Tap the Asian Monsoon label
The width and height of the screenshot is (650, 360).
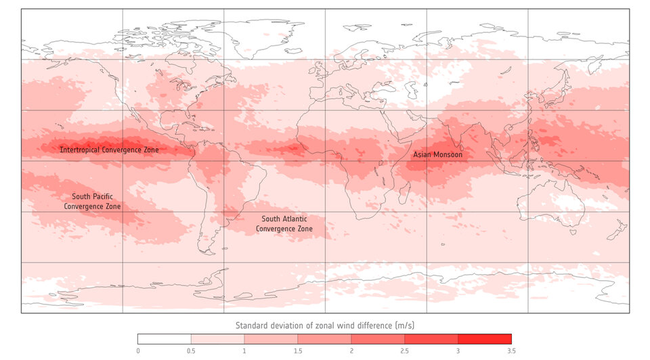coord(437,155)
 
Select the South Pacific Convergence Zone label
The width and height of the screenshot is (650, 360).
coord(92,201)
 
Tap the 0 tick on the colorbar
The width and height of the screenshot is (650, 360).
coord(137,351)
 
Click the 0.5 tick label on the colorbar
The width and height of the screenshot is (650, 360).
coord(191,351)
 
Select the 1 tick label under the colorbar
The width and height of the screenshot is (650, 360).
coord(244,351)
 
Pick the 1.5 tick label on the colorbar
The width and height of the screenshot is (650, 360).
coord(298,351)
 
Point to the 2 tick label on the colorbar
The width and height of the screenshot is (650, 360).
coord(351,351)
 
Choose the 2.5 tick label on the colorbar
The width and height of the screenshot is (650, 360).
coord(404,351)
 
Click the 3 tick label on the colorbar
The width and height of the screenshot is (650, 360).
coord(458,351)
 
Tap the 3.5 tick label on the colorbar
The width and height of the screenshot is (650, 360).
coord(511,351)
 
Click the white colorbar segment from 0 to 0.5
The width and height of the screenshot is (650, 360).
coord(165,339)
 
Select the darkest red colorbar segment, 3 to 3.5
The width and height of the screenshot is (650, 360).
coord(485,339)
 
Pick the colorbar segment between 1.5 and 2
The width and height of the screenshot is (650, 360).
coord(324,339)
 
